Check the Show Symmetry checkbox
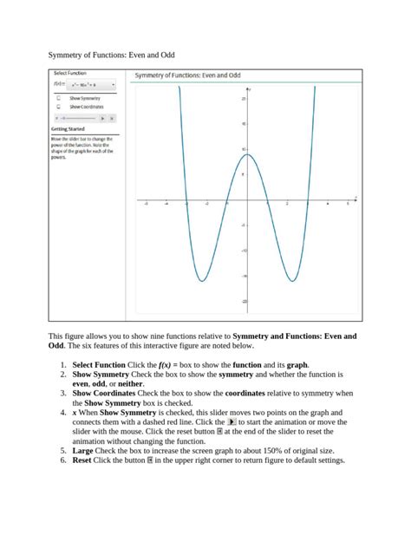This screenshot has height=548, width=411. click(58, 99)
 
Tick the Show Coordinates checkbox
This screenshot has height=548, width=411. click(58, 107)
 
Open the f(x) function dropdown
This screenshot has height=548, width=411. click(92, 86)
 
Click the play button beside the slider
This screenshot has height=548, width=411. click(102, 117)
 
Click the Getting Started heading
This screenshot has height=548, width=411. click(68, 129)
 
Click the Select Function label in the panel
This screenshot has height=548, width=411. click(69, 74)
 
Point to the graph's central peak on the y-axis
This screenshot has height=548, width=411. click(246, 153)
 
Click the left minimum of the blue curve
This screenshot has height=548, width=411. click(201, 281)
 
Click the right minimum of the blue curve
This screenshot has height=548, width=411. click(291, 281)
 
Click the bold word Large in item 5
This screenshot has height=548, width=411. click(82, 451)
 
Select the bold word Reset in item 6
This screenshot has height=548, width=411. click(82, 460)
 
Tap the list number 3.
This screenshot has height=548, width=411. click(64, 393)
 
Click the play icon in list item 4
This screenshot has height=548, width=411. click(232, 422)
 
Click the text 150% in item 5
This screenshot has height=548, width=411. click(269, 451)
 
